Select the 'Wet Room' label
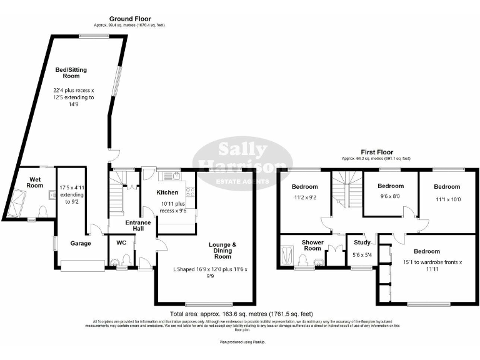click(36, 182)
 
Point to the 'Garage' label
click(81, 243)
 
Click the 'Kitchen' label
click(167, 192)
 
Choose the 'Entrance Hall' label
click(137, 226)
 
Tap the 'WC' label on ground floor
click(121, 242)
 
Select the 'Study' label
click(362, 243)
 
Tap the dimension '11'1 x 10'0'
click(447, 201)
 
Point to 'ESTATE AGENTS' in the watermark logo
click(242, 182)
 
